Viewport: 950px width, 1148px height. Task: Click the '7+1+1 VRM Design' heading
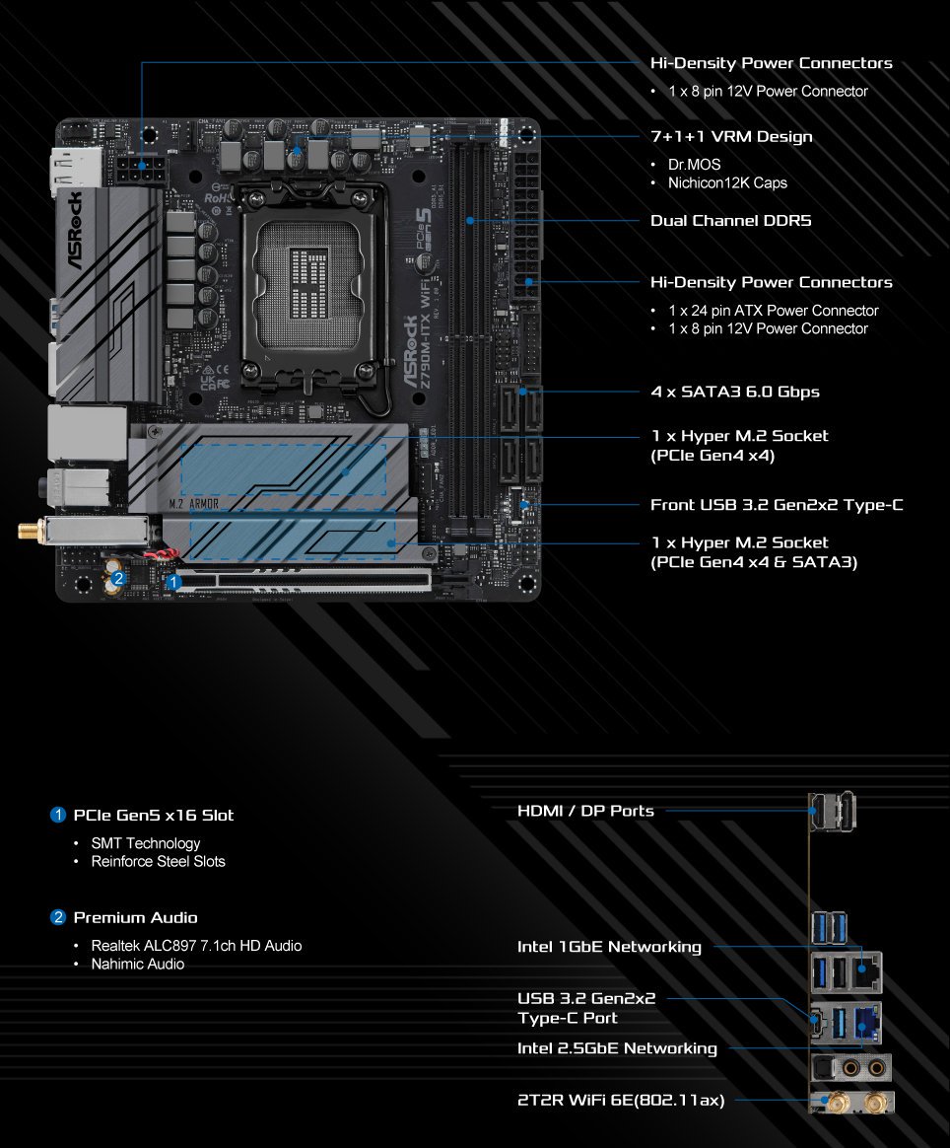[731, 137]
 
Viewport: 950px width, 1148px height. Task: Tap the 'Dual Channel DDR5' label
[730, 220]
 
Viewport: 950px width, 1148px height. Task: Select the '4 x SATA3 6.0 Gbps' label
[735, 392]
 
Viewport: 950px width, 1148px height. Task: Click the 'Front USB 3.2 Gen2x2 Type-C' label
[777, 504]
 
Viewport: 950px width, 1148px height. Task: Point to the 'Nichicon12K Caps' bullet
[727, 183]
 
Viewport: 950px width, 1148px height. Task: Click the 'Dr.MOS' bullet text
[694, 165]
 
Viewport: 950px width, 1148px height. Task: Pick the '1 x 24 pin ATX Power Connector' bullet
[773, 311]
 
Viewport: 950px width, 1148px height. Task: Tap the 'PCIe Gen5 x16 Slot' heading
[154, 815]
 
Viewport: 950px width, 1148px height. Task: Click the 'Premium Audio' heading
[135, 917]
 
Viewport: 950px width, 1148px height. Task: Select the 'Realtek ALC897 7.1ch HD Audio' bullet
[196, 946]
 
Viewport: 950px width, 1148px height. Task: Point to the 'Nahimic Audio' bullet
[138, 965]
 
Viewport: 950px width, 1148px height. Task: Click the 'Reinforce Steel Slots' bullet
[158, 862]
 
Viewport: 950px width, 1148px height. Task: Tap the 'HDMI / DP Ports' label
[585, 811]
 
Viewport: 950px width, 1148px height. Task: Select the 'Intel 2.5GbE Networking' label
[617, 1047]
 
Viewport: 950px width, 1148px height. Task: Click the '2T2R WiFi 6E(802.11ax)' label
[621, 1100]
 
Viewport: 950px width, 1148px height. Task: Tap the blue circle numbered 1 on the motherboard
[173, 582]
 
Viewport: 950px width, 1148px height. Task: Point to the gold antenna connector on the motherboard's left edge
[30, 530]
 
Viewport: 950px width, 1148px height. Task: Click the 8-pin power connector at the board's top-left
[140, 172]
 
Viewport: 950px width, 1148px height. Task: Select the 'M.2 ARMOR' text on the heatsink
[194, 504]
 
